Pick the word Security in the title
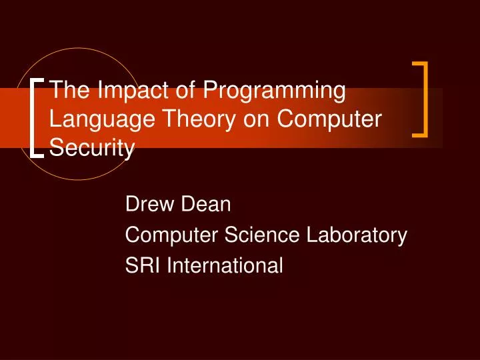92,148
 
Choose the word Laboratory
351,236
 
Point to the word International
225,266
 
